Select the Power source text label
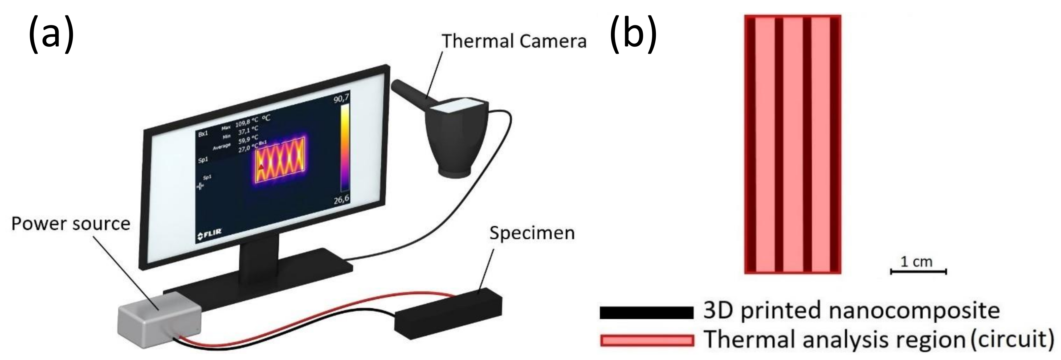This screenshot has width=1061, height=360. pos(70,224)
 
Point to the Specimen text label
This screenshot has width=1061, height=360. pos(532,233)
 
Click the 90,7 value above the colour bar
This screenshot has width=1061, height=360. pos(341,99)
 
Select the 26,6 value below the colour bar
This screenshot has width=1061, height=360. pos(341,199)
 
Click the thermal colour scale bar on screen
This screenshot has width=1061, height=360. pos(345,148)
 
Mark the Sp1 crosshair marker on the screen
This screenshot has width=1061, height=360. pos(201,186)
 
